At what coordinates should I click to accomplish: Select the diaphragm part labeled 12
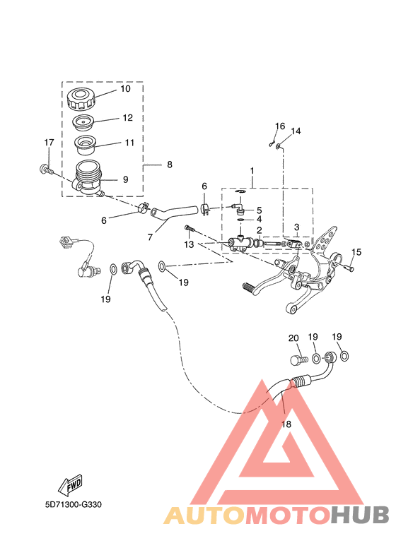[x=83, y=122]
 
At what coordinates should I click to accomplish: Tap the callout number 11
[x=129, y=143]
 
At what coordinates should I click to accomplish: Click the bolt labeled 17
[x=47, y=169]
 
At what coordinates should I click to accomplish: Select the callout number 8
[x=170, y=165]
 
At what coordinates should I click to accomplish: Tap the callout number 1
[x=252, y=171]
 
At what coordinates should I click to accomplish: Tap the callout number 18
[x=286, y=424]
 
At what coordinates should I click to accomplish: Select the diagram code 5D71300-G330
[x=74, y=505]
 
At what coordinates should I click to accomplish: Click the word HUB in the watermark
[x=359, y=516]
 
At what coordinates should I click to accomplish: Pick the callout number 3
[x=296, y=227]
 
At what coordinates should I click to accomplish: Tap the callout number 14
[x=296, y=131]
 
